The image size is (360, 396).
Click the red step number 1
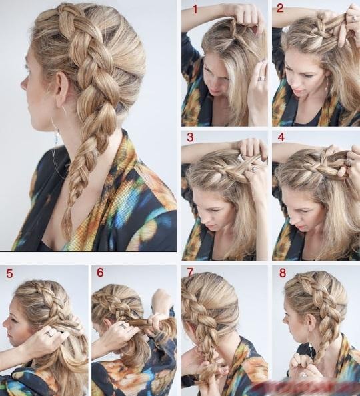coord(195,9)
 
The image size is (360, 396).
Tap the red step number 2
coord(281,9)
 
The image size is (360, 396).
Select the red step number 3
coord(190,137)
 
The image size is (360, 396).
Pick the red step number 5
coord(9,273)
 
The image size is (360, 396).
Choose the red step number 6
coord(100,273)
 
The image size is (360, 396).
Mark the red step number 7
coord(190,273)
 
